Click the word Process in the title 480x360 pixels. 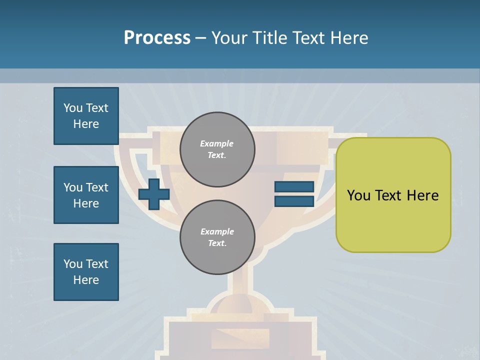tap(157, 38)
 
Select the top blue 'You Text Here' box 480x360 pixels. tap(86, 116)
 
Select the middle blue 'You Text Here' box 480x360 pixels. tap(86, 195)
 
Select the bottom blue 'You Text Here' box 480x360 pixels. tap(86, 272)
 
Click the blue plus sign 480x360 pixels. tap(153, 194)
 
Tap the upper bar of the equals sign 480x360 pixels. tap(294, 187)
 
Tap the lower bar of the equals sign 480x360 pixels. tap(294, 201)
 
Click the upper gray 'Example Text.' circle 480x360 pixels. tap(217, 149)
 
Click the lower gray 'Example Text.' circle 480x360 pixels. tap(217, 237)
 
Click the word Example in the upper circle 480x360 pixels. tap(216, 143)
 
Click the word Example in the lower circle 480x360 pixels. tap(217, 231)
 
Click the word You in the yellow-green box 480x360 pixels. tap(358, 195)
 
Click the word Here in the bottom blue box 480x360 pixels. tap(86, 280)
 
